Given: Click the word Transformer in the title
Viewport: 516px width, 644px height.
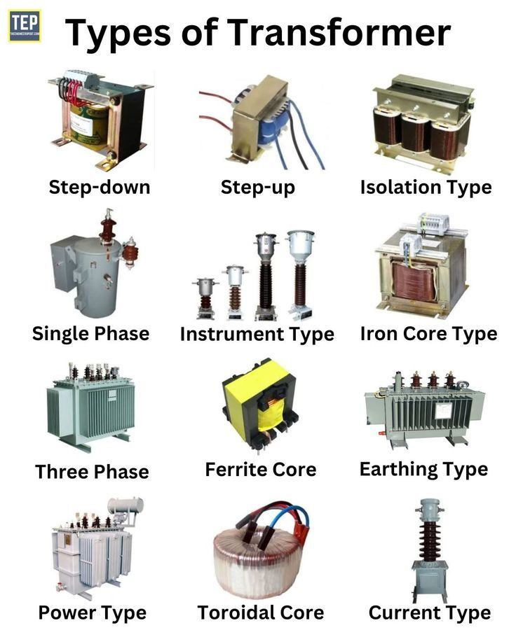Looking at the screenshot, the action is coord(339,33).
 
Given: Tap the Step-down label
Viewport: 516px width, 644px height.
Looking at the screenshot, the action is coord(100,188).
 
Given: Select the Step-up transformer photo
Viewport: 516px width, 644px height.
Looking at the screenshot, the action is coord(262,122).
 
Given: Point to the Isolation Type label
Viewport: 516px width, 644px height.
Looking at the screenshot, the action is coord(426,188).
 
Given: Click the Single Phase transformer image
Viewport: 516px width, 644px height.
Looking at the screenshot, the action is coord(94,263).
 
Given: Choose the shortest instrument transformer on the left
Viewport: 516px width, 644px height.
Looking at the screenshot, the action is coord(205,298).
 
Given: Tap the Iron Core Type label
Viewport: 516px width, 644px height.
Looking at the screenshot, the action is coord(429,334).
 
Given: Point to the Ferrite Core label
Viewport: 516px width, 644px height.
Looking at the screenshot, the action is coord(261,470).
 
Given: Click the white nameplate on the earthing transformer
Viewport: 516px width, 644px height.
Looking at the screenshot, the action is coord(443,410).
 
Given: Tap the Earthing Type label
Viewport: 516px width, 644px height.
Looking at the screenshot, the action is coord(424,470).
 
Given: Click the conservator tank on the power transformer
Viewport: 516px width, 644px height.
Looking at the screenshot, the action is coord(126,505).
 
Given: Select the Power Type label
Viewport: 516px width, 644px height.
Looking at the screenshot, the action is coord(92,612).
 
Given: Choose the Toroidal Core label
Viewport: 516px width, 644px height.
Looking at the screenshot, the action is coord(261,612).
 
